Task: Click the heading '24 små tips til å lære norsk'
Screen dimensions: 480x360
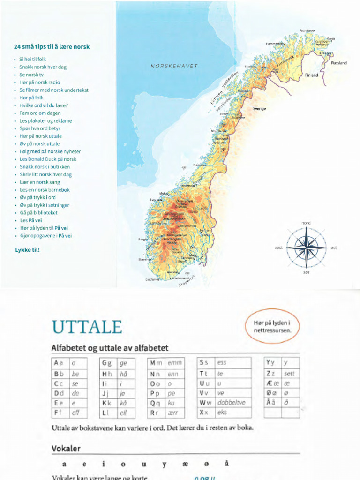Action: click(52, 47)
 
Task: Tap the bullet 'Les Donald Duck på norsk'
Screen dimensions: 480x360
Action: click(48, 159)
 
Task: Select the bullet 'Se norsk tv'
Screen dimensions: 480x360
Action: click(31, 75)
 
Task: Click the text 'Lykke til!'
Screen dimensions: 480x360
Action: click(28, 250)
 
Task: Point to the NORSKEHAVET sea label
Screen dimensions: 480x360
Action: click(174, 66)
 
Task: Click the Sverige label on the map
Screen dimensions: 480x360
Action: click(259, 108)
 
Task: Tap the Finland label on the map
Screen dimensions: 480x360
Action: click(311, 75)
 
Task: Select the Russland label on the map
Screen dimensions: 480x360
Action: click(338, 63)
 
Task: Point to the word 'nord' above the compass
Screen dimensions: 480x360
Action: click(306, 223)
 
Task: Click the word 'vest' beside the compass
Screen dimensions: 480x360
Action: click(278, 247)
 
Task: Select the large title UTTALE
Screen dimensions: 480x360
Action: click(87, 327)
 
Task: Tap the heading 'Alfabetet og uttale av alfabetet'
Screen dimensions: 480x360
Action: click(110, 348)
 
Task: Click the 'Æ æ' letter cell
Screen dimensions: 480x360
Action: click(272, 382)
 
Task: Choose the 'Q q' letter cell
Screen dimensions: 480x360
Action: click(155, 402)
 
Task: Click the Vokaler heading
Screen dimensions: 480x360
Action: click(66, 449)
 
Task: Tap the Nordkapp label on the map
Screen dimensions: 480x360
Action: click(307, 31)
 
